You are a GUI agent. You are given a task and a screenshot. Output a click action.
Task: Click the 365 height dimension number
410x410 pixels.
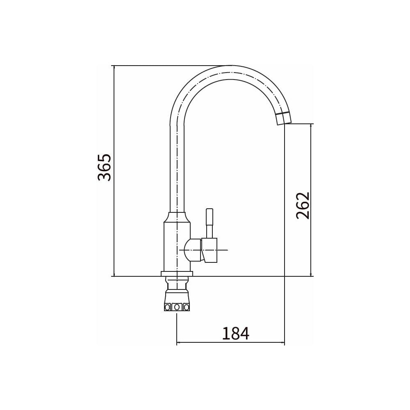coord(105,168)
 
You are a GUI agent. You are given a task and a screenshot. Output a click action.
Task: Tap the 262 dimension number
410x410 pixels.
coord(303,205)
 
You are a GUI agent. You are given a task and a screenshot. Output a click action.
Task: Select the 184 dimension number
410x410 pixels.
coord(236,333)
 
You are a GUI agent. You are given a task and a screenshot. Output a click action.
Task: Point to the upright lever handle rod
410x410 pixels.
coord(210,223)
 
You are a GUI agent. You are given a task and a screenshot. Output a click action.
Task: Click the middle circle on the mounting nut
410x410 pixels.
coord(177,307)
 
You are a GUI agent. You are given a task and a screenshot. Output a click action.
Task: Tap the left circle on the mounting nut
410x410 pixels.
coord(168,307)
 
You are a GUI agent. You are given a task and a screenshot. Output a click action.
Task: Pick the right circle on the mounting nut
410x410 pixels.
coord(186,307)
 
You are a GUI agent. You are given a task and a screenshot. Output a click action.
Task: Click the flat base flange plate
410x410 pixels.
coord(177,274)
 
